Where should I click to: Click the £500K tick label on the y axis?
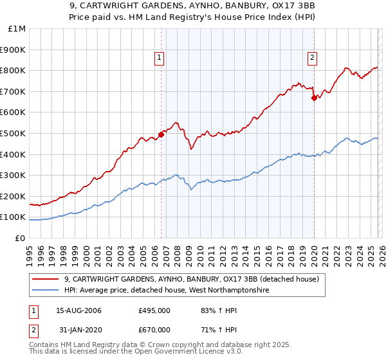[13, 133]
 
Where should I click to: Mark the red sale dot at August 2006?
[161, 134]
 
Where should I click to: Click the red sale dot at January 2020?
[314, 98]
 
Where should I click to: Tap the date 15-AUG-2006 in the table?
[78, 311]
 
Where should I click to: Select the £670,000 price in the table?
[154, 329]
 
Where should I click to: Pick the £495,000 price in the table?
[154, 311]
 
